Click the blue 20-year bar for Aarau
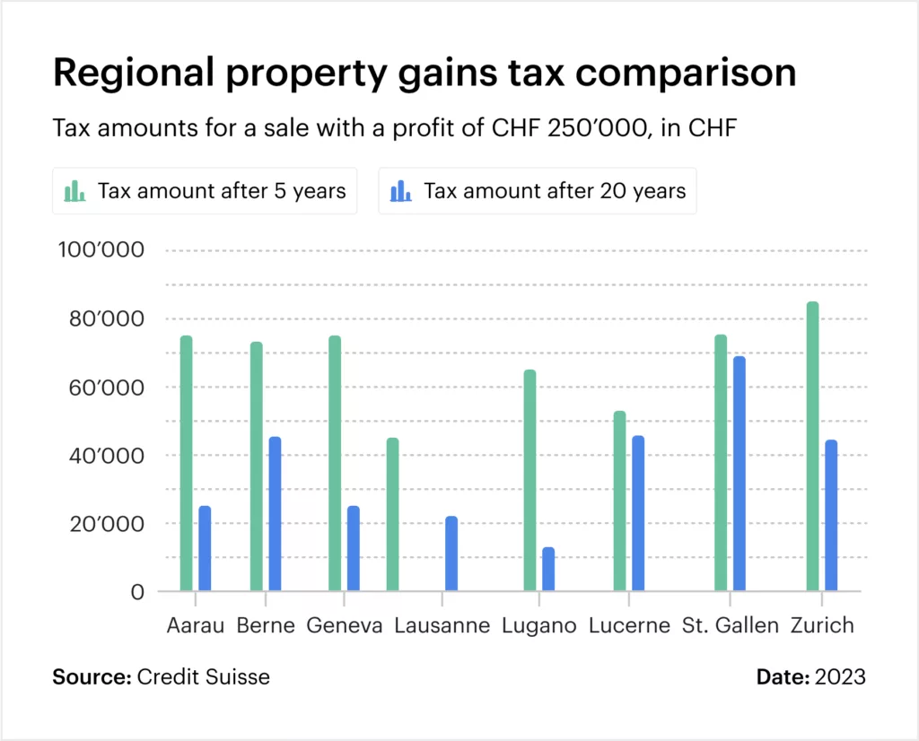click(205, 548)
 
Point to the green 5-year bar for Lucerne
click(619, 501)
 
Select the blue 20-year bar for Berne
click(275, 513)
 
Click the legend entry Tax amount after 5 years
click(205, 191)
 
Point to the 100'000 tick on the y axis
click(101, 250)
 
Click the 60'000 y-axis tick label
click(101, 388)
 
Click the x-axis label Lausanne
click(442, 625)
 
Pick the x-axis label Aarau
click(195, 625)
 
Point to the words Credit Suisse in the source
click(203, 676)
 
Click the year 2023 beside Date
click(840, 676)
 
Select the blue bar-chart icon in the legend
click(400, 191)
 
